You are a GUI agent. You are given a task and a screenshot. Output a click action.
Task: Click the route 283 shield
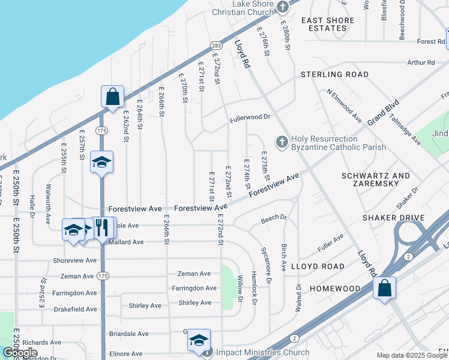pos(216,46)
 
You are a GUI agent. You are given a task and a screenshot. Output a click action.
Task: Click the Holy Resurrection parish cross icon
pos(282,142)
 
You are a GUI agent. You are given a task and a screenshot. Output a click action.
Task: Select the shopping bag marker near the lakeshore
pos(112,96)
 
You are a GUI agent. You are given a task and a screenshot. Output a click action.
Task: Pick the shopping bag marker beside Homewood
pos(384,287)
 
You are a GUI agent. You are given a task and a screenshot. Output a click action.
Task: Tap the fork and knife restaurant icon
pos(101,227)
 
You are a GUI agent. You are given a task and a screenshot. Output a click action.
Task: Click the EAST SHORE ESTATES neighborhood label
pos(332,24)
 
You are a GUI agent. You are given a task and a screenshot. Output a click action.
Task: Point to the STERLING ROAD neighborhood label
pos(334,74)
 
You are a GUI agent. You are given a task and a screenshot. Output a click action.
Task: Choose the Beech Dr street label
pos(274,220)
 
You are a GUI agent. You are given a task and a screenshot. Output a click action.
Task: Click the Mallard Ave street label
pos(125,242)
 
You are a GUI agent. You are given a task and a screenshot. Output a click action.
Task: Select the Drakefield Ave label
pos(75,309)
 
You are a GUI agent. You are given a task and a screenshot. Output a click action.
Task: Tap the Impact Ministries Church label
pos(262,353)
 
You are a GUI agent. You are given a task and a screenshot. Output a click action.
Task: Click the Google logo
pos(20,353)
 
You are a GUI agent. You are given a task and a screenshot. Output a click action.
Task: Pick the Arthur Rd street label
pos(421,62)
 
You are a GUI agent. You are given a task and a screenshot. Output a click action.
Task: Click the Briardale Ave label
pos(128,334)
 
